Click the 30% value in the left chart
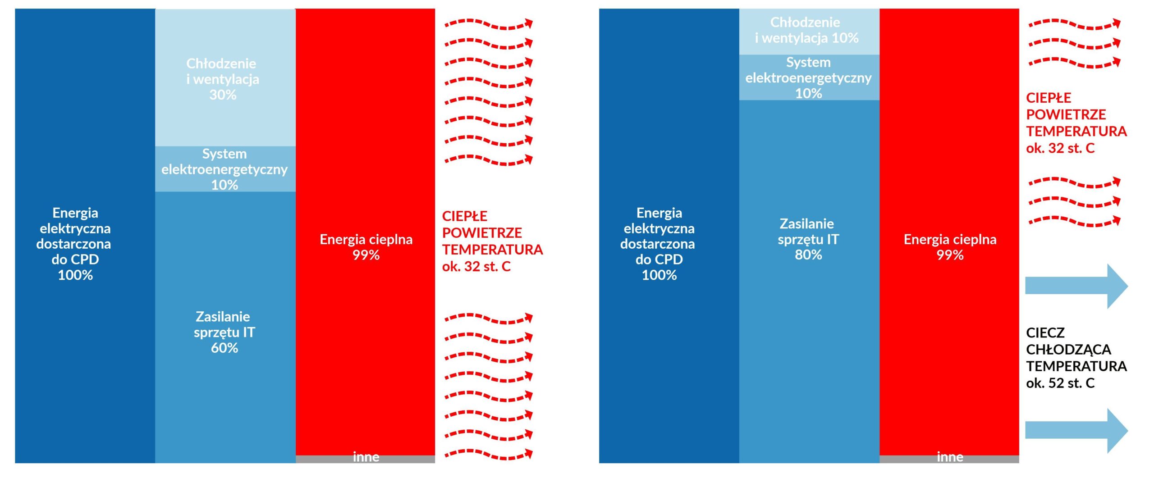tap(223, 95)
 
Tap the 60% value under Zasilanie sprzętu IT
tap(224, 348)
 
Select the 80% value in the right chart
tap(808, 255)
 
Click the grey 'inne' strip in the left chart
tap(365, 459)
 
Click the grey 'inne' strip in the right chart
tap(949, 459)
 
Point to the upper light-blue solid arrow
tap(1076, 287)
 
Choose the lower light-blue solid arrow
tap(1076, 431)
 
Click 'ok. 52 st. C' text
tap(1060, 383)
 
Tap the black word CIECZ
tap(1045, 333)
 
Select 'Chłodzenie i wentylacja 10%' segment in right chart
tap(809, 32)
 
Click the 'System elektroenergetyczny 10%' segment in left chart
tap(225, 169)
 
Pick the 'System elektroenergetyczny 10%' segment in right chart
tap(809, 77)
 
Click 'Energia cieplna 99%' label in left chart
tap(366, 247)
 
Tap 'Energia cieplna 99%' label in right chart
tap(950, 247)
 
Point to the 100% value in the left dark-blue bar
tap(75, 275)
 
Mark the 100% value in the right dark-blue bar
tap(659, 275)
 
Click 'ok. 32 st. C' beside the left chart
tap(476, 267)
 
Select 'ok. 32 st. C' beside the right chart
tap(1060, 148)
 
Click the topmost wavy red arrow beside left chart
tap(489, 24)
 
